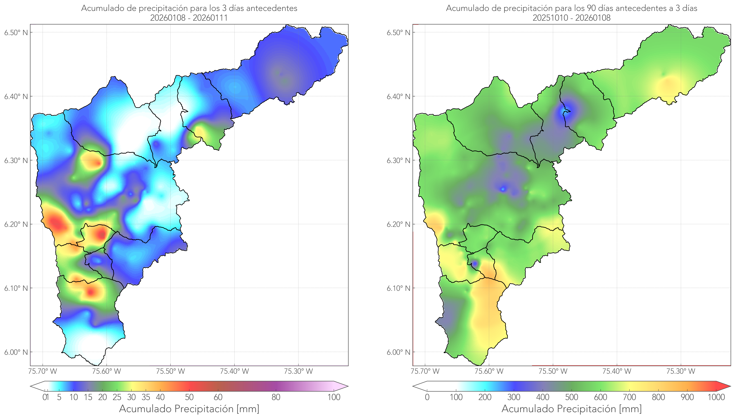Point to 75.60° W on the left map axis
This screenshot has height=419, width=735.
click(x=107, y=371)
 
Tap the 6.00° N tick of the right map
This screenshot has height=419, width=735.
click(x=398, y=352)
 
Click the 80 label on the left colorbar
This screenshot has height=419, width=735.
click(x=276, y=397)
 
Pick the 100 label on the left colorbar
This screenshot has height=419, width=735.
click(x=334, y=397)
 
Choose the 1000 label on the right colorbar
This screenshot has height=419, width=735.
click(x=716, y=397)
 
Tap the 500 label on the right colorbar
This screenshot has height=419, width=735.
click(x=572, y=397)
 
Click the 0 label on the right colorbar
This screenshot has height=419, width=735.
click(x=427, y=397)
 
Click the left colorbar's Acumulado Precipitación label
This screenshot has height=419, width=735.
click(x=189, y=409)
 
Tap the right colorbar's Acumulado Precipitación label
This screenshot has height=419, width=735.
click(x=572, y=409)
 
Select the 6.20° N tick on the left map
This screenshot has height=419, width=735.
click(x=16, y=224)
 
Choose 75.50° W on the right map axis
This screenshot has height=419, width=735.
click(x=553, y=371)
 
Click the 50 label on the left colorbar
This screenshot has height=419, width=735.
click(x=189, y=397)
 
